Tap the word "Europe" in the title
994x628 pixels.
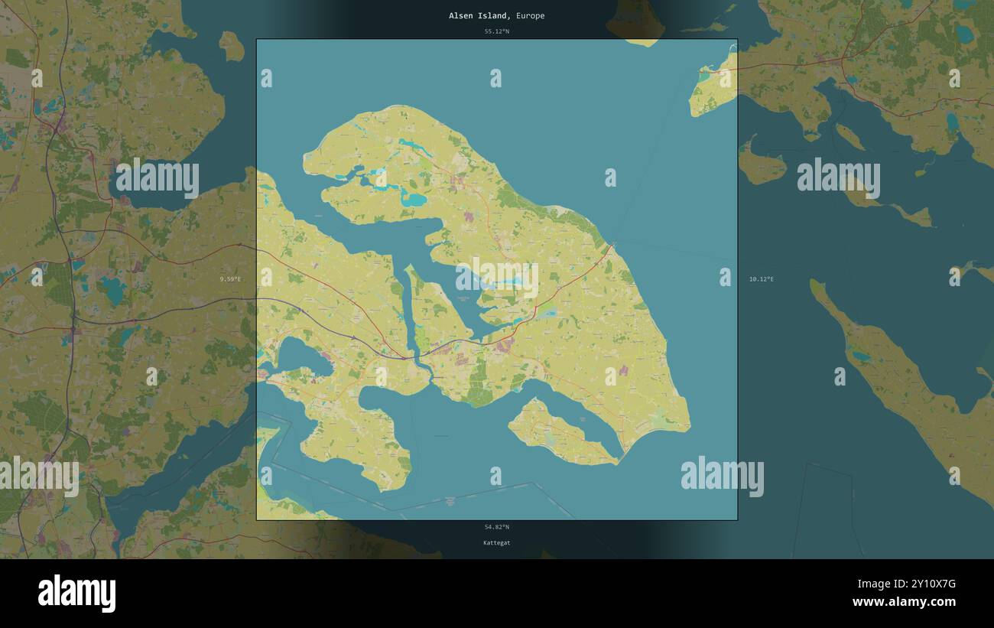point(530,15)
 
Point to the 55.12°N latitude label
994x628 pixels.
point(496,31)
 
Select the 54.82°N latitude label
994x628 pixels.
point(496,526)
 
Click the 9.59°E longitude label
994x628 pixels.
point(230,279)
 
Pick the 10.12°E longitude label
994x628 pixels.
point(762,279)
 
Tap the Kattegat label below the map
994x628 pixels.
point(496,542)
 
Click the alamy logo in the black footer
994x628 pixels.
point(76,593)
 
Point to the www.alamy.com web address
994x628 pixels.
point(904,602)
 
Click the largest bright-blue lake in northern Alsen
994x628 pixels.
point(414,200)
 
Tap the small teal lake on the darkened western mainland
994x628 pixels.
point(113,289)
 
